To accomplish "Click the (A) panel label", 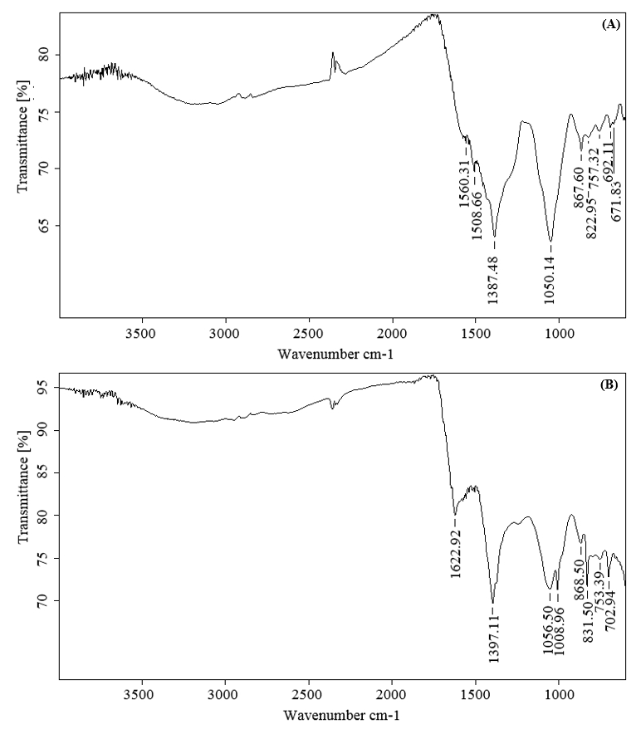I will [610, 25].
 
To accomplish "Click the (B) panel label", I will [610, 386].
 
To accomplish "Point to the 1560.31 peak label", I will [464, 189].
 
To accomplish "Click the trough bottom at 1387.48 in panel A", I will [495, 237].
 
